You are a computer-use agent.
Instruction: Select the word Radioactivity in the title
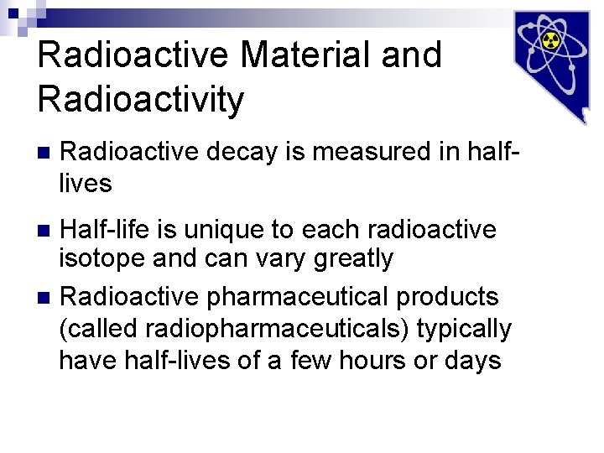(141, 99)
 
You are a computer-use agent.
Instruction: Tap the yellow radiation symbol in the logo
(550, 41)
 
